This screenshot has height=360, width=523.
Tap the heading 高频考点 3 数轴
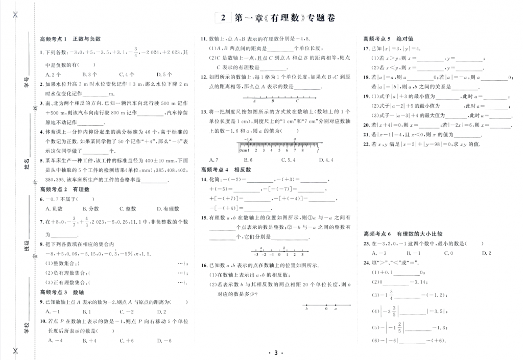61,292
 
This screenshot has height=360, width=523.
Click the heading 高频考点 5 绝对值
384,38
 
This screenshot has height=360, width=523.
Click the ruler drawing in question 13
276,146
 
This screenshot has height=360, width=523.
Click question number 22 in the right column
366,144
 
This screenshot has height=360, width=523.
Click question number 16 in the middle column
204,266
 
